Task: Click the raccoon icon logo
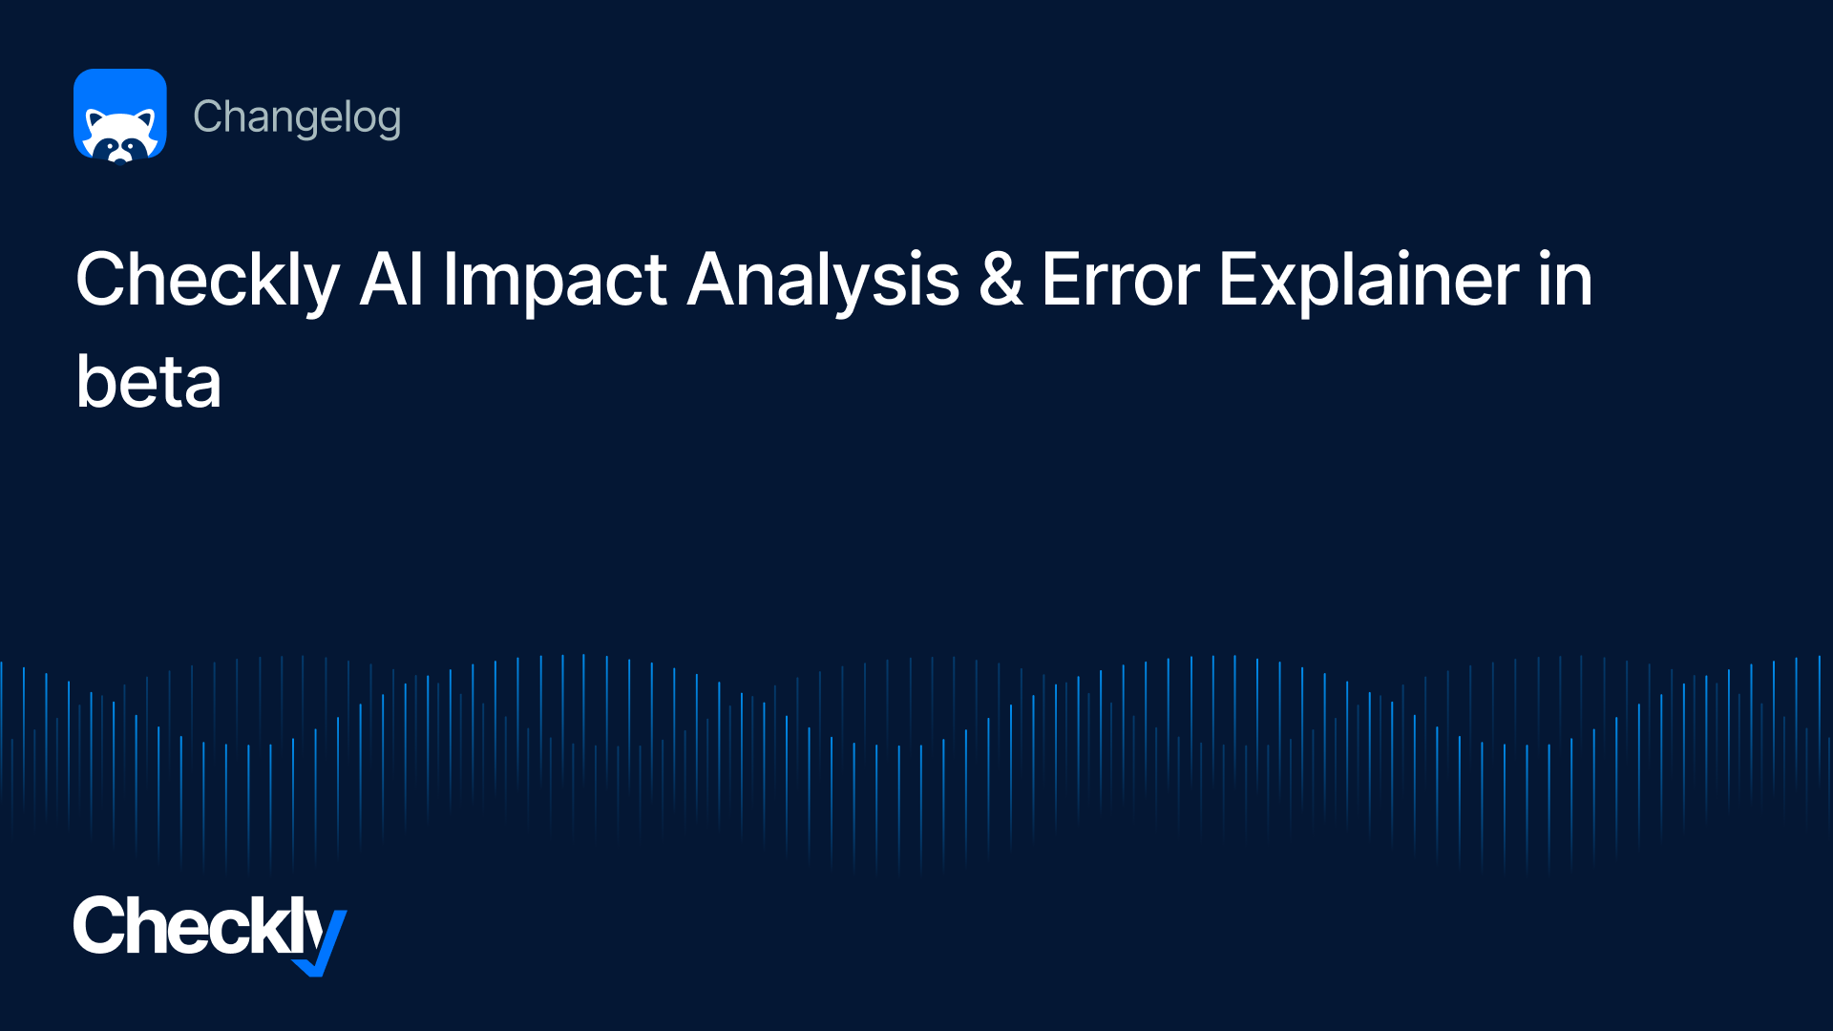(120, 116)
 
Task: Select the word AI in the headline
(391, 280)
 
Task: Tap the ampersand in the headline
(1001, 280)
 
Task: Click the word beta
(149, 382)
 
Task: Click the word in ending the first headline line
(1566, 280)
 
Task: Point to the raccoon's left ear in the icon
(95, 119)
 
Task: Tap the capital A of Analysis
(717, 280)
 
